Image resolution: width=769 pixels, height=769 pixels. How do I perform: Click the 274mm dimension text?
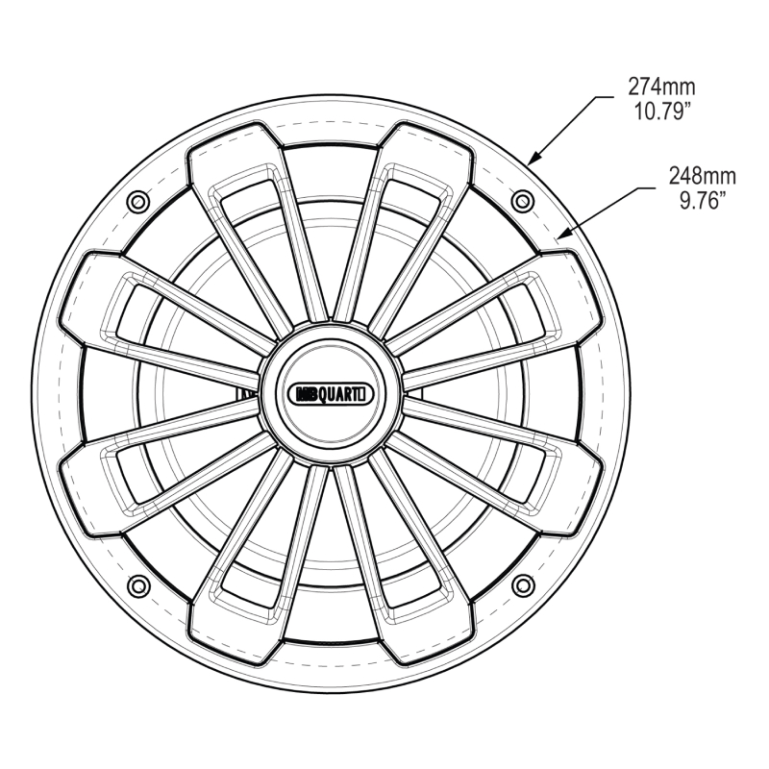coord(661,87)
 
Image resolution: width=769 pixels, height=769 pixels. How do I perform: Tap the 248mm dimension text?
coord(703,176)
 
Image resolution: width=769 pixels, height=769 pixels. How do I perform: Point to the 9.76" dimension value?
coord(703,200)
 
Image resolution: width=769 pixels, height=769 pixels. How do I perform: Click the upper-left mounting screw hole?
coord(137,202)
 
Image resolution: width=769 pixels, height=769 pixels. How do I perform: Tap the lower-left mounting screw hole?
coord(137,585)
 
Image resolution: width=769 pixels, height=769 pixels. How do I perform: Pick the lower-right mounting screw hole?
coord(523,585)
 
